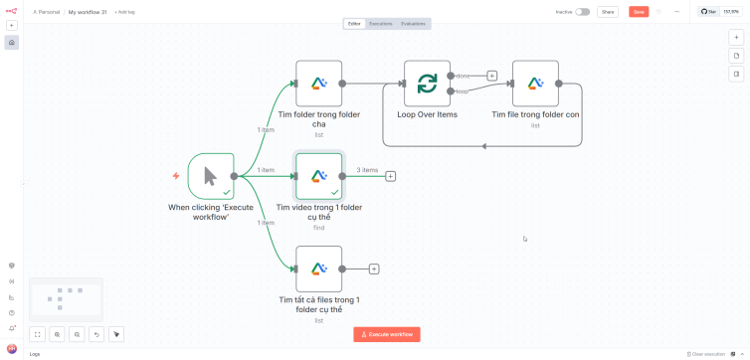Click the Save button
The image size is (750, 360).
click(x=639, y=12)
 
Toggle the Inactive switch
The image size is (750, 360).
click(x=582, y=12)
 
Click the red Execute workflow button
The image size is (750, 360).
click(x=387, y=334)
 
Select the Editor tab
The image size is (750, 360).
click(x=354, y=23)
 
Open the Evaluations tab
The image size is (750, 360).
click(x=413, y=23)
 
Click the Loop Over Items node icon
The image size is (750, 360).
click(x=427, y=84)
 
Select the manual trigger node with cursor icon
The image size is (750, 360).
click(x=211, y=176)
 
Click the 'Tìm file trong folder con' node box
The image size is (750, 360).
click(x=535, y=84)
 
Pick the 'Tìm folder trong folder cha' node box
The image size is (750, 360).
click(x=318, y=84)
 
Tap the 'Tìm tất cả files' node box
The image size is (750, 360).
click(x=318, y=269)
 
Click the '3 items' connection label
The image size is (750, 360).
click(x=367, y=170)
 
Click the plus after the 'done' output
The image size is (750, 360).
click(x=492, y=76)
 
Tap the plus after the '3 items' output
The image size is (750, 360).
click(x=391, y=176)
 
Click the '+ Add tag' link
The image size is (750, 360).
click(x=124, y=12)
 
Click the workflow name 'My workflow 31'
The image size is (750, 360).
click(x=89, y=12)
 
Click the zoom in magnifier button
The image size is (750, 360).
click(x=57, y=334)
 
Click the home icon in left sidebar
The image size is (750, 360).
click(x=12, y=43)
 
